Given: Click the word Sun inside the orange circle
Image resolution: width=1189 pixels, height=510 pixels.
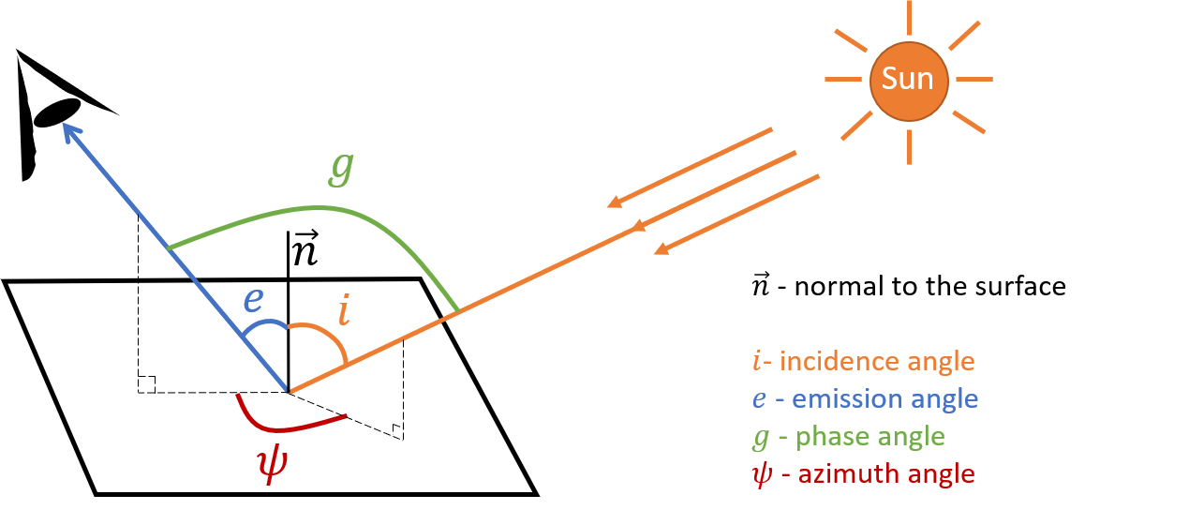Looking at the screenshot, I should tap(908, 79).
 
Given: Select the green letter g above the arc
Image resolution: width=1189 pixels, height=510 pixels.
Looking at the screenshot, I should tap(342, 168).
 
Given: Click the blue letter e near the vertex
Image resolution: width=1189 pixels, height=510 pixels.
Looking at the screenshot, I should tap(253, 300).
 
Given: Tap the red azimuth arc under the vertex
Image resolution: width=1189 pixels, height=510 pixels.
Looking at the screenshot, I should tap(281, 427).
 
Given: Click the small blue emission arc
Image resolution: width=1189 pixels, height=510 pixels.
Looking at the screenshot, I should tap(264, 325).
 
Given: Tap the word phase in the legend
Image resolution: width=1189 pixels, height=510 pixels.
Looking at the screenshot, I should tap(827, 436).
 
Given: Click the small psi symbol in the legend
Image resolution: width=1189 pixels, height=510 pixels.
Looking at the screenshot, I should tap(761, 474).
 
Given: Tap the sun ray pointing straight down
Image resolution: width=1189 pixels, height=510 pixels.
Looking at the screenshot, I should tap(908, 145).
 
